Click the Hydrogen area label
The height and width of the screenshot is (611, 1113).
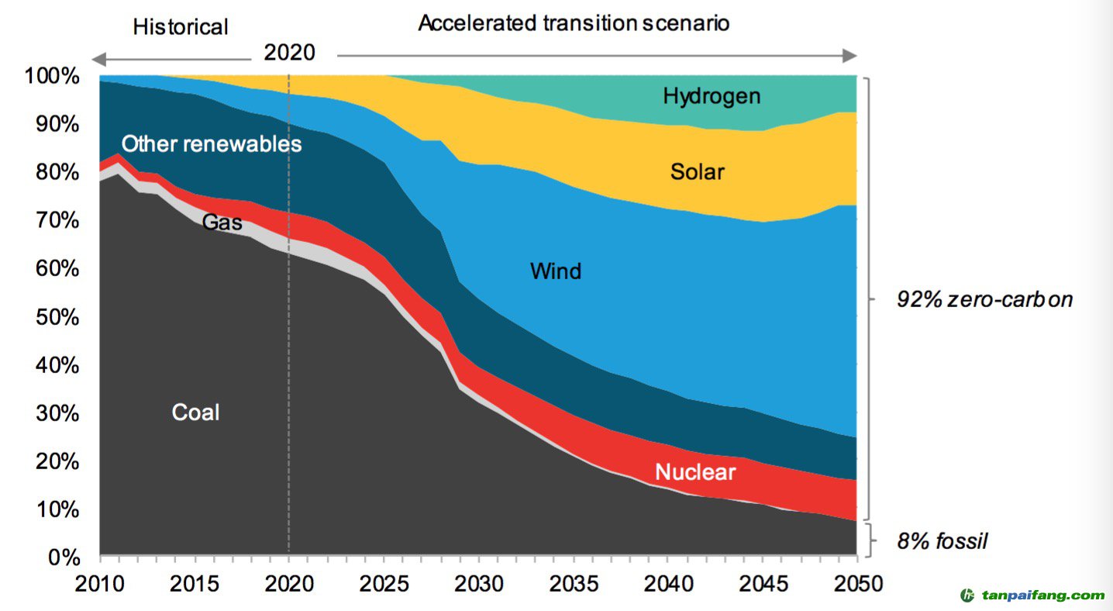[712, 96]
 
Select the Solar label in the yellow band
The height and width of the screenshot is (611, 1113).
[697, 171]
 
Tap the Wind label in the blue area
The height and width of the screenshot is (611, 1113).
[555, 271]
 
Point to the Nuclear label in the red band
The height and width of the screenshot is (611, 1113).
[694, 471]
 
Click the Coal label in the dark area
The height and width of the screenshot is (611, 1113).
[195, 413]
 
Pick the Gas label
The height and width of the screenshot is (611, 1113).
[222, 223]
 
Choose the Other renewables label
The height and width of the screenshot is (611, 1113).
[212, 144]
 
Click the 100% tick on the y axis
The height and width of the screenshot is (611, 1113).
[52, 77]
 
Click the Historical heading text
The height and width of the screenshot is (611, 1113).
[181, 27]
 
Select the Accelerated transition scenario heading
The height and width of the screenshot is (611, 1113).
[574, 23]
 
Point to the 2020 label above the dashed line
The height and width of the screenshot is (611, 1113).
[289, 53]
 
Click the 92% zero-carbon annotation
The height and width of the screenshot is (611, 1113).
[984, 300]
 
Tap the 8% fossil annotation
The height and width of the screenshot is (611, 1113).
[942, 541]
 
